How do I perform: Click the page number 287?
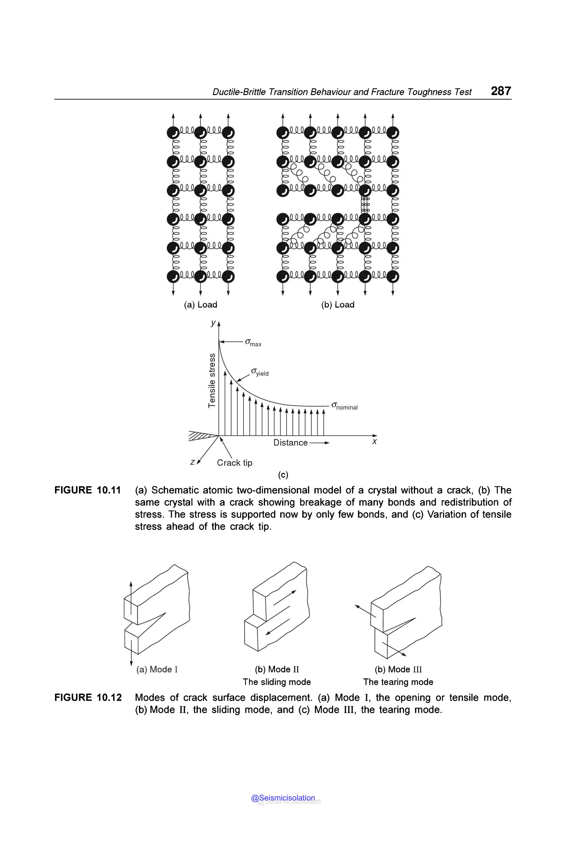pyautogui.click(x=501, y=91)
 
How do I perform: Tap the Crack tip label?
pyautogui.click(x=234, y=463)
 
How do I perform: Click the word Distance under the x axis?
pyautogui.click(x=290, y=443)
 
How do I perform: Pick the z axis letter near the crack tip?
pyautogui.click(x=192, y=462)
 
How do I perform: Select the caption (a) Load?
pyautogui.click(x=200, y=305)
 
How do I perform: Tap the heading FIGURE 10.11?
pyautogui.click(x=87, y=490)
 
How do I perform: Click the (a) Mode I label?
pyautogui.click(x=157, y=669)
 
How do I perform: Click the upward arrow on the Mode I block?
pyautogui.click(x=131, y=592)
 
